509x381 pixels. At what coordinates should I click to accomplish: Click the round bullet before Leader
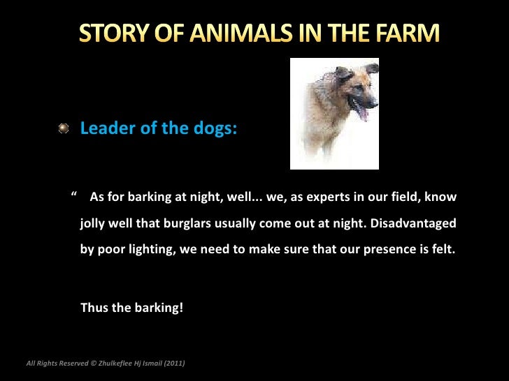pos(64,128)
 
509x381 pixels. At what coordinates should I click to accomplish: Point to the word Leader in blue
pos(105,128)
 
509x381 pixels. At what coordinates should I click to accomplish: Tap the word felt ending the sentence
pos(440,249)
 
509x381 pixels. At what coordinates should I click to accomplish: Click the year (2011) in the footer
pos(174,363)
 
